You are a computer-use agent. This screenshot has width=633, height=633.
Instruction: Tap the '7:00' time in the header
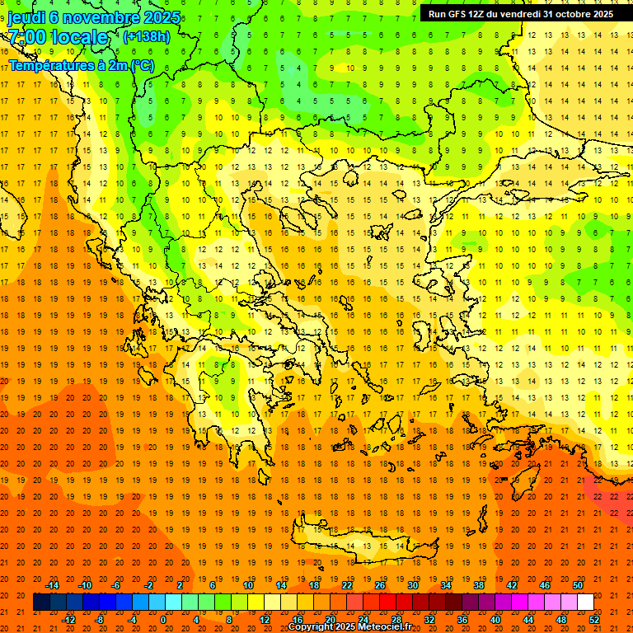tap(27, 38)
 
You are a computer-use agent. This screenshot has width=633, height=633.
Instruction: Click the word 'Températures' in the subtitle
tap(48, 65)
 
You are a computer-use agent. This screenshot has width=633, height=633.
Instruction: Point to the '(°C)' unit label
tap(141, 65)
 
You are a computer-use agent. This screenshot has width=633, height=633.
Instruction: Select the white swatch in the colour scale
tap(585, 603)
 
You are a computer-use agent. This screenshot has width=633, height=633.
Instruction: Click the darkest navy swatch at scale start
tap(41, 603)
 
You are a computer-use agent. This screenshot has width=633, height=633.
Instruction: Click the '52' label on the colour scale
tap(595, 620)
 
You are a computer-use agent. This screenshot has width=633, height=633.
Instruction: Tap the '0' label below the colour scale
tap(163, 620)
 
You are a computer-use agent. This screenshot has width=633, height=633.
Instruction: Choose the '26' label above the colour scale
tap(380, 585)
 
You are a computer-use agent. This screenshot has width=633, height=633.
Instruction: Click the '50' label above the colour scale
tap(577, 585)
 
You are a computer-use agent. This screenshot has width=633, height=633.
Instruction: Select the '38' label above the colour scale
tap(478, 585)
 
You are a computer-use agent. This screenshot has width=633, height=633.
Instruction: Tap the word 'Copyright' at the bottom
tap(312, 627)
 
